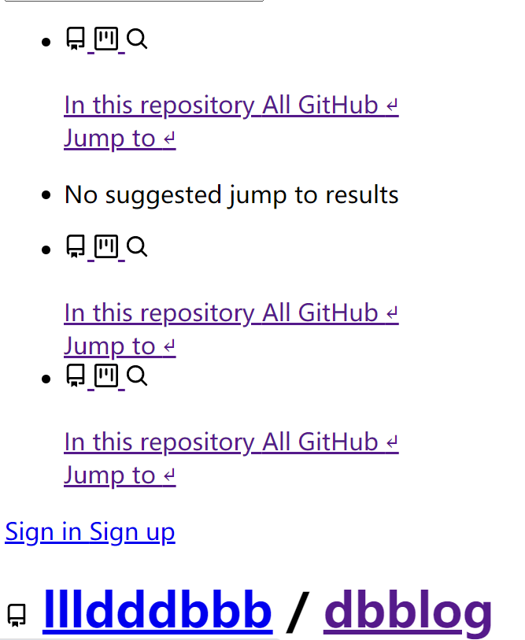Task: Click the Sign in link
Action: tap(43, 532)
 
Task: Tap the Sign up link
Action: tap(132, 532)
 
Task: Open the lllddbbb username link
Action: tap(157, 611)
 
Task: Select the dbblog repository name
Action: tap(408, 611)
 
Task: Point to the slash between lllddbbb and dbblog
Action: tap(297, 611)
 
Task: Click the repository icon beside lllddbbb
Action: tap(17, 615)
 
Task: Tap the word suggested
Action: tap(164, 194)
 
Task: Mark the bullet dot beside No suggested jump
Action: tap(46, 195)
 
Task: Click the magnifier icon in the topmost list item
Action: tap(137, 39)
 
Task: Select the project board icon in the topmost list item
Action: tap(106, 39)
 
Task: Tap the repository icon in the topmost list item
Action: tap(76, 39)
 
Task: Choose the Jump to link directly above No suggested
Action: tap(110, 139)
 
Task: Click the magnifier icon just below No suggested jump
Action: tap(137, 247)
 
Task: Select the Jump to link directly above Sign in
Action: tap(110, 475)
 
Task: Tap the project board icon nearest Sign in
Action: tap(106, 375)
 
